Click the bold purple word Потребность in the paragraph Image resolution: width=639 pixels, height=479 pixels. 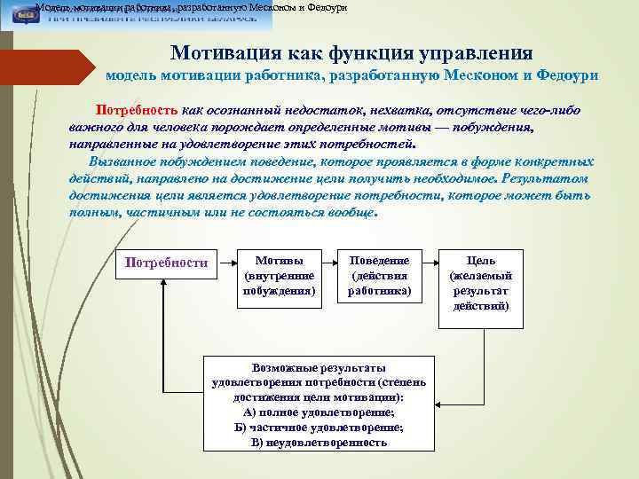pos(138,111)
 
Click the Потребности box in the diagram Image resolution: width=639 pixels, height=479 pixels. pos(167,263)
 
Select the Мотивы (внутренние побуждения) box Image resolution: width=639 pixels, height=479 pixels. pos(279,276)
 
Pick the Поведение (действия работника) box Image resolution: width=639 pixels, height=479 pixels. pos(379,276)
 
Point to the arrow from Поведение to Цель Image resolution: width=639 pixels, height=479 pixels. pos(430,263)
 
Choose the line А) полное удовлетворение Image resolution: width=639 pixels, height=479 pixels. pos(319,412)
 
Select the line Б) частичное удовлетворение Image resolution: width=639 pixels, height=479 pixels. pos(319,427)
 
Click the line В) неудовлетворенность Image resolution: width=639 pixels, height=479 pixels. pos(319,442)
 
